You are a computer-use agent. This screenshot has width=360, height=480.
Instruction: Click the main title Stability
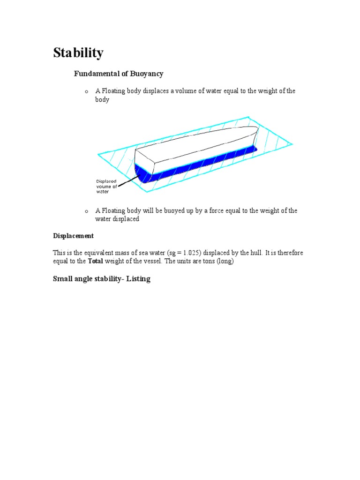point(78,53)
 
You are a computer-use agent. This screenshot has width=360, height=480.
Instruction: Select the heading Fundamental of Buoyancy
point(119,74)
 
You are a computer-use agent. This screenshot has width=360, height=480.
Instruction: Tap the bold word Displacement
point(73,236)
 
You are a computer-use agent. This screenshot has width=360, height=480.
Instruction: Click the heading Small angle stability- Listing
point(101,279)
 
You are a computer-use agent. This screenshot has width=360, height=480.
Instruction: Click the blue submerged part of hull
point(197,164)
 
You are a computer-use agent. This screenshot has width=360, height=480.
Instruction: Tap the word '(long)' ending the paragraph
point(224,261)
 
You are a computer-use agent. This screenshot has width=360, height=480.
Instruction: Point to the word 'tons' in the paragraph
point(206,261)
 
